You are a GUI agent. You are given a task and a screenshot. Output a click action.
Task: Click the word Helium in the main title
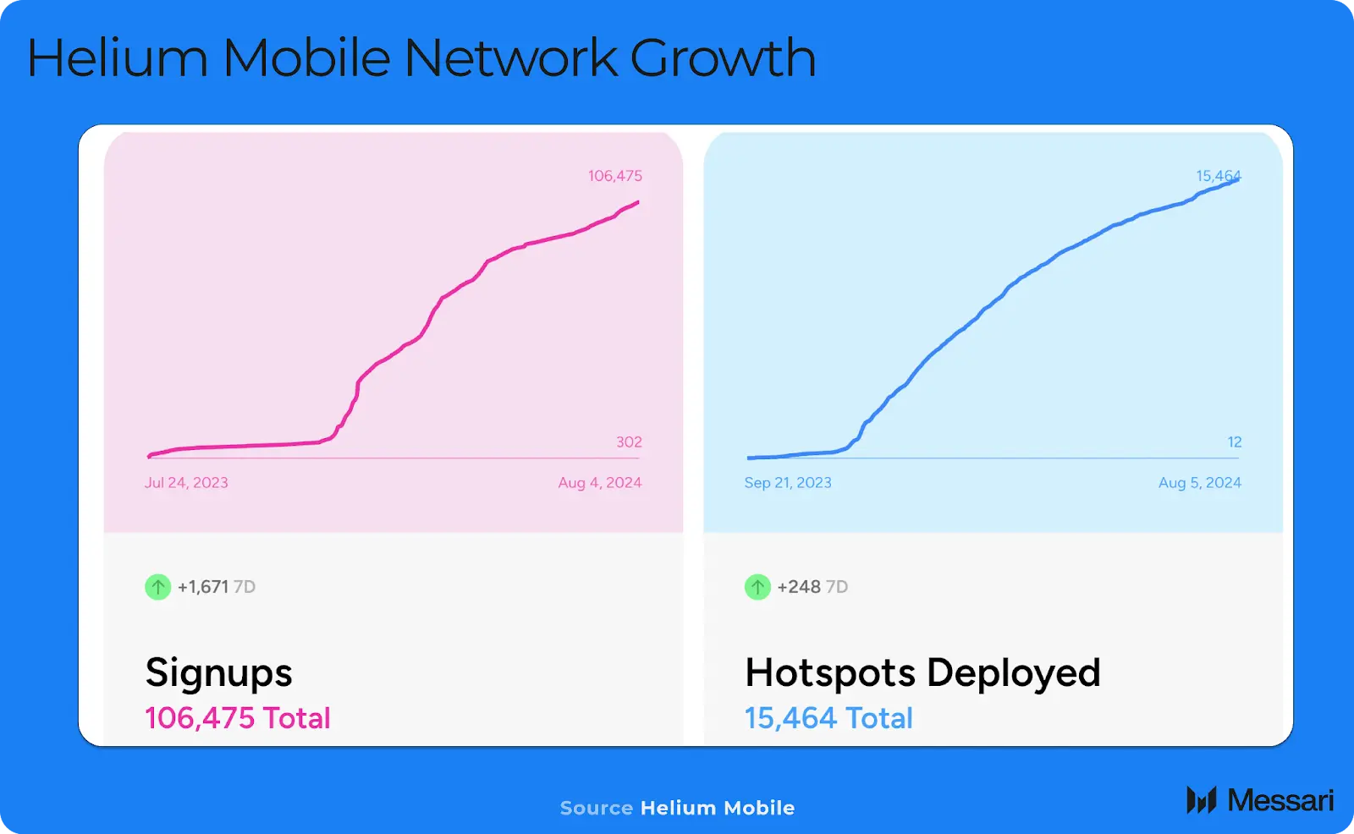118,58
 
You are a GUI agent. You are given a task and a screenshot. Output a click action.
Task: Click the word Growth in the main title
723,58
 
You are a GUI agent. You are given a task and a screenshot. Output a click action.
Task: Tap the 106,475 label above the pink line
615,176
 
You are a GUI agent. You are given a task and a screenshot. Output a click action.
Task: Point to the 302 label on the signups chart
629,442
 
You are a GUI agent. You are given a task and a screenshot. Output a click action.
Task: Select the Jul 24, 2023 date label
186,483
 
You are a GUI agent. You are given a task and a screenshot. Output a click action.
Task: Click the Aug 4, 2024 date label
599,483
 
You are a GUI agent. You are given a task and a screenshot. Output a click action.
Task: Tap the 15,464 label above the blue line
1218,176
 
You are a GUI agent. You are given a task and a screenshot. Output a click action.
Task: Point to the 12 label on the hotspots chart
1235,442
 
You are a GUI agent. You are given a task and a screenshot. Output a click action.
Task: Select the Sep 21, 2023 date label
788,483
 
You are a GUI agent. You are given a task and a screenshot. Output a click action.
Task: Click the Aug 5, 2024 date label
1199,483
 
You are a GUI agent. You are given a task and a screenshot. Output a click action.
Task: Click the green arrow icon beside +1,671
158,586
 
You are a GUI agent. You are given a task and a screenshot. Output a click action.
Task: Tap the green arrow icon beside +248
757,586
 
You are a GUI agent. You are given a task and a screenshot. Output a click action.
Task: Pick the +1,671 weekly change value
203,587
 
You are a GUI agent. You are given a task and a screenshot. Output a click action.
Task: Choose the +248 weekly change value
799,587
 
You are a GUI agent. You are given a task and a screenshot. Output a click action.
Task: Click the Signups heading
218,673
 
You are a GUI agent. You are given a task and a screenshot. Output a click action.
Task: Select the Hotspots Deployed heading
922,673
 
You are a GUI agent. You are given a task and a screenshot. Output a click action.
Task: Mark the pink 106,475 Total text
238,718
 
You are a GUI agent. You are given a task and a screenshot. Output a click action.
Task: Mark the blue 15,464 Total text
828,718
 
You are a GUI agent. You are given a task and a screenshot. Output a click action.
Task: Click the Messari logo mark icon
1201,800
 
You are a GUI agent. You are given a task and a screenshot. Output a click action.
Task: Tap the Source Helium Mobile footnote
677,808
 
